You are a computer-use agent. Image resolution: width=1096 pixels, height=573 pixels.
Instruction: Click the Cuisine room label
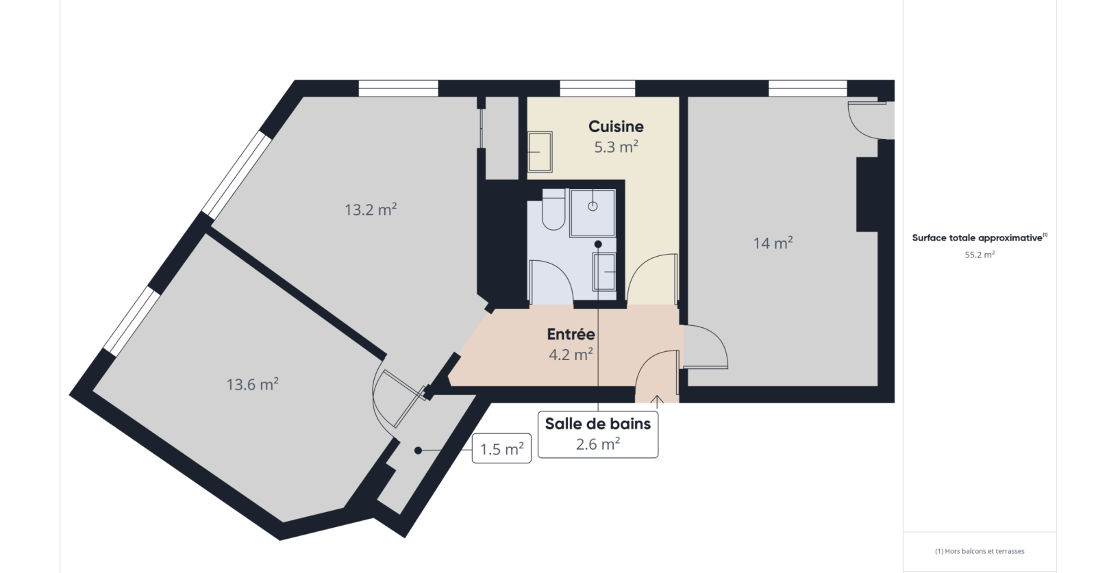pos(616,127)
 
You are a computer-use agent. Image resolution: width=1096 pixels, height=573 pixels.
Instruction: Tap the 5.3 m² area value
pos(616,147)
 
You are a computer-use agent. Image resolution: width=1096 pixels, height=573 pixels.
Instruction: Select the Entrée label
pos(571,334)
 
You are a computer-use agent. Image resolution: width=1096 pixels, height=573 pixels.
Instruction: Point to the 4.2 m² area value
pos(571,354)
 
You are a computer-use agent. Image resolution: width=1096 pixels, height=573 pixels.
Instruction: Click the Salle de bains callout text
pos(598,424)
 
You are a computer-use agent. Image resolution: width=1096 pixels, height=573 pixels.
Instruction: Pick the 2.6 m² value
pos(598,444)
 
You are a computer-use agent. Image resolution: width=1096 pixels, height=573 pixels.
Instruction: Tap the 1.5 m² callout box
pos(501,448)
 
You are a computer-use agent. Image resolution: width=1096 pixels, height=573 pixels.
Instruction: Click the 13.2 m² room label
pos(371,209)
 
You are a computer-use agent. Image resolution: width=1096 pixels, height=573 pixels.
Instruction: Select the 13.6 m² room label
pos(253,384)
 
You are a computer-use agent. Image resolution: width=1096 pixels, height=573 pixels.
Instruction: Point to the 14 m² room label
pos(773,243)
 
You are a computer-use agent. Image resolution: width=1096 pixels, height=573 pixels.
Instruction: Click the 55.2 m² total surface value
pos(980,255)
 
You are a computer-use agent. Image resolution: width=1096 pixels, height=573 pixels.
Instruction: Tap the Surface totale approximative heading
pos(980,238)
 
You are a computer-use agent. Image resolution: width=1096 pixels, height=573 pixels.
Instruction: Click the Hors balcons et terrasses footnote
pos(980,551)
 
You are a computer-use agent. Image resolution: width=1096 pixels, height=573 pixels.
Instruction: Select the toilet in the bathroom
pos(554,209)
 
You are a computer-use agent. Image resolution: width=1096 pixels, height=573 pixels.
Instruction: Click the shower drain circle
pos(593,206)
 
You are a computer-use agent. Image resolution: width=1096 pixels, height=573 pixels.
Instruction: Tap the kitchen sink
pos(540,152)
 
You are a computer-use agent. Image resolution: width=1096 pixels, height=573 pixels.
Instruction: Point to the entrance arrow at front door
pos(657,401)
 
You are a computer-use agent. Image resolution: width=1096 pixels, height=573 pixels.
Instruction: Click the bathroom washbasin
pos(604,272)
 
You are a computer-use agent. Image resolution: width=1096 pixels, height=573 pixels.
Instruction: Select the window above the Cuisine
pos(597,88)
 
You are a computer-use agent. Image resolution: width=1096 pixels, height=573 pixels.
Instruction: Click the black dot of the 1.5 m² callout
pos(418,450)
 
